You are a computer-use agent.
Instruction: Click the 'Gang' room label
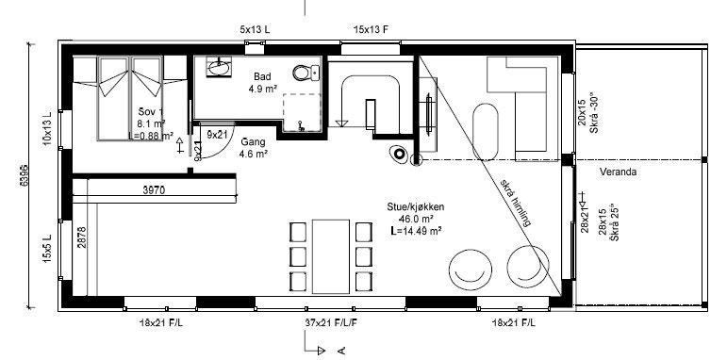click(x=253, y=140)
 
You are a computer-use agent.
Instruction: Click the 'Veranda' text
click(x=620, y=172)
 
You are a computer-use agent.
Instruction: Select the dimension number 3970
click(x=155, y=189)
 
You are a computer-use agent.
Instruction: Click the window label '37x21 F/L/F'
click(x=331, y=323)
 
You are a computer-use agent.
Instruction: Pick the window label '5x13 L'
click(x=255, y=29)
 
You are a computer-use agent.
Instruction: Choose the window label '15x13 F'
click(x=372, y=29)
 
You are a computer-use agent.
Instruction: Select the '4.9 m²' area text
click(x=261, y=90)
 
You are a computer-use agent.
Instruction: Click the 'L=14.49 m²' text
click(x=415, y=229)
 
